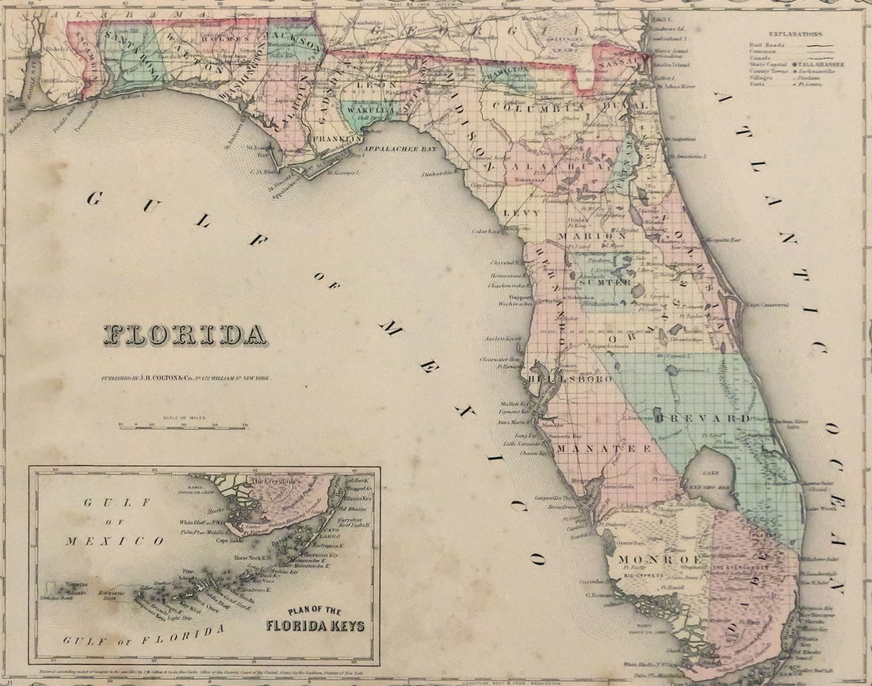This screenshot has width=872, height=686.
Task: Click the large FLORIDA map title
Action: tap(185, 335)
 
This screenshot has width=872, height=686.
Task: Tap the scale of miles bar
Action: tap(183, 428)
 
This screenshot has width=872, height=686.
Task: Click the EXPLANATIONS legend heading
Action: tap(795, 34)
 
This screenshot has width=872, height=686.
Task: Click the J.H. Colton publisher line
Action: tap(185, 379)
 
